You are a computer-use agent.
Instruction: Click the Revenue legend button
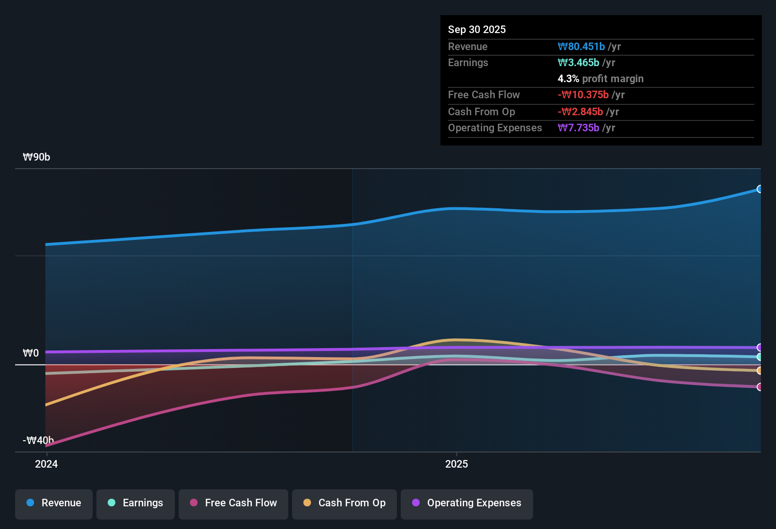pyautogui.click(x=54, y=503)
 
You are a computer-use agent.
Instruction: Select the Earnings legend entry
pyautogui.click(x=136, y=503)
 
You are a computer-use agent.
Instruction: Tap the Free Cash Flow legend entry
pyautogui.click(x=233, y=503)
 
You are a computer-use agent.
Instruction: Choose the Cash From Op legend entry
pyautogui.click(x=345, y=503)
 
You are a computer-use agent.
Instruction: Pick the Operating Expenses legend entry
pyautogui.click(x=467, y=503)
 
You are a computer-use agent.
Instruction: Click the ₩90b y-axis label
pyautogui.click(x=36, y=157)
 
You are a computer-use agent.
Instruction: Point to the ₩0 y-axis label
pyautogui.click(x=31, y=353)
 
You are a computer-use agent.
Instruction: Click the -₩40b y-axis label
pyautogui.click(x=38, y=441)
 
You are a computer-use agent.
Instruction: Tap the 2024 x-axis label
pyautogui.click(x=46, y=464)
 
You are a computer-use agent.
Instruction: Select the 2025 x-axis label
pyautogui.click(x=457, y=464)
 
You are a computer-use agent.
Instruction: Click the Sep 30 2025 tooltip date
pyautogui.click(x=476, y=30)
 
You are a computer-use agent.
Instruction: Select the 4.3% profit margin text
pyautogui.click(x=600, y=79)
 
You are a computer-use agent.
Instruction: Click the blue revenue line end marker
pyautogui.click(x=759, y=189)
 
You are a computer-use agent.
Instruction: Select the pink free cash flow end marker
pyautogui.click(x=759, y=387)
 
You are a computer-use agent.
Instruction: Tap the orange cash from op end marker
pyautogui.click(x=759, y=371)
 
